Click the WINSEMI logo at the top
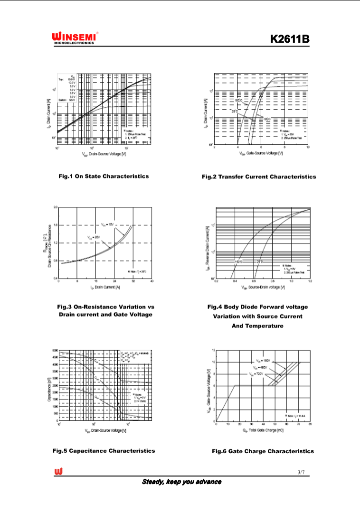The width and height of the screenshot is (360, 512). [75, 37]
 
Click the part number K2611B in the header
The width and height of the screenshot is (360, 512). [290, 38]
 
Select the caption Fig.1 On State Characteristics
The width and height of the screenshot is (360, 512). [103, 176]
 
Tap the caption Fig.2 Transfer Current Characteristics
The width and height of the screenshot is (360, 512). [258, 177]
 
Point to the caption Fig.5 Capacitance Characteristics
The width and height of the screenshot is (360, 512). [104, 451]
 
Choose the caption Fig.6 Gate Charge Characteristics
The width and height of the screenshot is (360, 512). [263, 451]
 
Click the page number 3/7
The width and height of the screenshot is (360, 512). [301, 472]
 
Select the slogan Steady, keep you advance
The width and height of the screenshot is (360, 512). [181, 482]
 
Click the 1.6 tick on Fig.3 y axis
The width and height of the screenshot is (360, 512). [55, 225]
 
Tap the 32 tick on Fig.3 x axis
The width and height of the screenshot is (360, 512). [133, 281]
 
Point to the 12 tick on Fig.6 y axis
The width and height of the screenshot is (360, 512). [213, 350]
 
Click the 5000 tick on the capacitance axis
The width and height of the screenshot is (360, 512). [55, 350]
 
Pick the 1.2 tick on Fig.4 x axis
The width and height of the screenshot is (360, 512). [310, 281]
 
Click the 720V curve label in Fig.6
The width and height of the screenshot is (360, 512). [256, 374]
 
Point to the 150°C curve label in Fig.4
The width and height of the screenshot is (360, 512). [238, 261]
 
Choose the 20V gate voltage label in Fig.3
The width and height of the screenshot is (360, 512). [94, 237]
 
